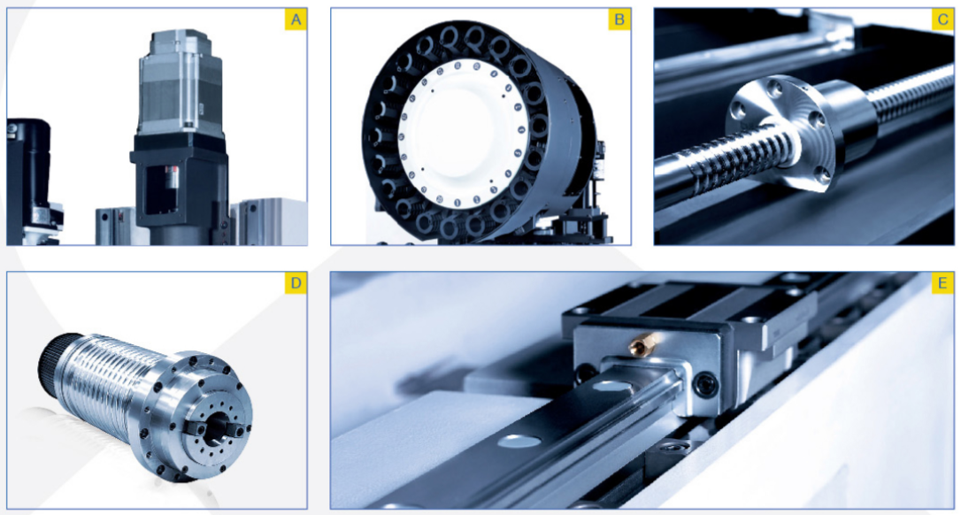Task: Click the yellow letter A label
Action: [x=296, y=20]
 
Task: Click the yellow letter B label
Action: [x=619, y=20]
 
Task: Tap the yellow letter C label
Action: [x=943, y=20]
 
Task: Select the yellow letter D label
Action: [x=296, y=284]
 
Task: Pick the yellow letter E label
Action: [x=943, y=284]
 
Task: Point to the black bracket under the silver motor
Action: [x=179, y=179]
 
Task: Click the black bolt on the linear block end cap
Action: [x=706, y=384]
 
